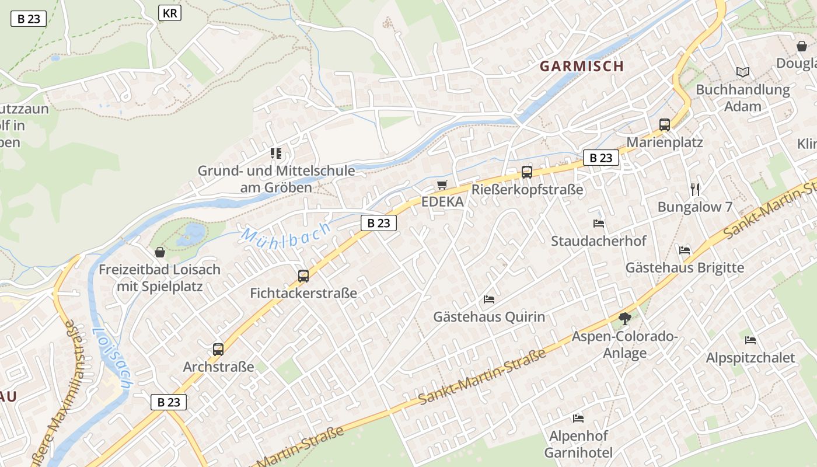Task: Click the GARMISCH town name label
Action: [582, 66]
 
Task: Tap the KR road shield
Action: [169, 13]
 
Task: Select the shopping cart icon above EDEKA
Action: [442, 185]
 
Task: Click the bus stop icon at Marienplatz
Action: [664, 124]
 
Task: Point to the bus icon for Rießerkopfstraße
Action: [527, 172]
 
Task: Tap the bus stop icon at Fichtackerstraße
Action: [303, 276]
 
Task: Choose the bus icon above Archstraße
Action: [218, 350]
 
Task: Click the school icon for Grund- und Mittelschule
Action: [276, 154]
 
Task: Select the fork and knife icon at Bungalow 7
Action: [694, 189]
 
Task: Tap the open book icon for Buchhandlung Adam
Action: [742, 72]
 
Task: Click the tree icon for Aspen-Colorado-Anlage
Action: [624, 319]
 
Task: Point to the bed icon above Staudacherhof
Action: [599, 223]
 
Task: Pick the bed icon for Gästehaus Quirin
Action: [489, 299]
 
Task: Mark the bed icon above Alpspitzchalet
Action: [750, 340]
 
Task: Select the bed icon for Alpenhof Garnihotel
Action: [578, 418]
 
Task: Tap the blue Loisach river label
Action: [112, 358]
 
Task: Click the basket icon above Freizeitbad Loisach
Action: [160, 252]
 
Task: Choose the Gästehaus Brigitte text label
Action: [685, 267]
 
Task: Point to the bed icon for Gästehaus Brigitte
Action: [685, 250]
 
